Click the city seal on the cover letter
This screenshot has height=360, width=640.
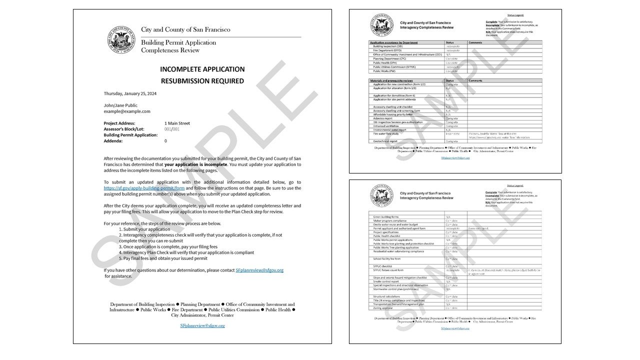coord(121,39)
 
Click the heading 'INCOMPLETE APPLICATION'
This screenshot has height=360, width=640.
coord(202,69)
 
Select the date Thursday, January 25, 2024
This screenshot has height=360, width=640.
coord(129,93)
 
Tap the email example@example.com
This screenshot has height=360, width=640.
coord(127,111)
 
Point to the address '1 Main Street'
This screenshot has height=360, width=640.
coord(177,123)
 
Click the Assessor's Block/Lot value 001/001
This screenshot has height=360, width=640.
coord(171,129)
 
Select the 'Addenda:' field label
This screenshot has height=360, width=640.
coord(115,141)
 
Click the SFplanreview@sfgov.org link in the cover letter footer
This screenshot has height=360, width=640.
coord(202,325)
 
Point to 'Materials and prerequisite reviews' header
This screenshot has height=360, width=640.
coord(394,80)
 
